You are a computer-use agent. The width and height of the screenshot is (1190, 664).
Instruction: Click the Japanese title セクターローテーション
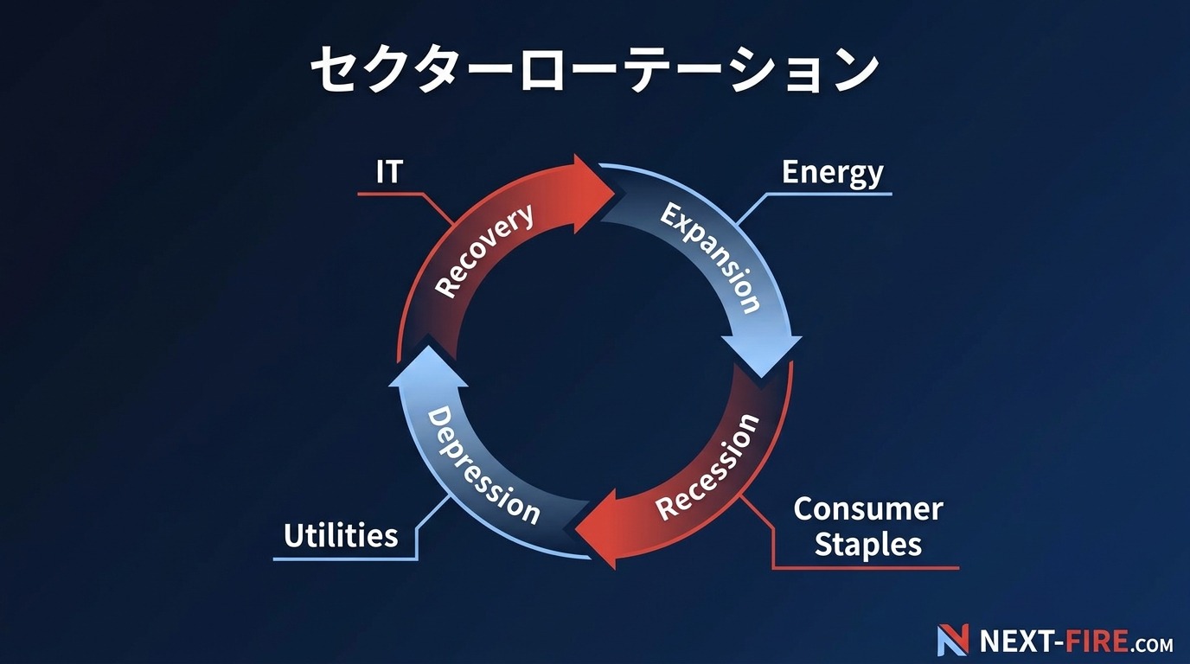[594, 69]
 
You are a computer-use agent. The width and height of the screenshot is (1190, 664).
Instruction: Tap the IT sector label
[389, 172]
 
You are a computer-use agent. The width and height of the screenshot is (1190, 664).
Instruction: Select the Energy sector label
[833, 173]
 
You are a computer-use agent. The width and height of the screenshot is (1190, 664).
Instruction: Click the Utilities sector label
[341, 535]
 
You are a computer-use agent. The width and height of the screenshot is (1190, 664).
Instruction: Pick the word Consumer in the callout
[868, 509]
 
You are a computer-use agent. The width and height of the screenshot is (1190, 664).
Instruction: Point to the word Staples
[868, 545]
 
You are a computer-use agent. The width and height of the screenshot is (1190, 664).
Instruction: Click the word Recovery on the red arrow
[484, 250]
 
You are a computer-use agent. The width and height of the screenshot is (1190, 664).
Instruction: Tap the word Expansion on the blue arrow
[710, 259]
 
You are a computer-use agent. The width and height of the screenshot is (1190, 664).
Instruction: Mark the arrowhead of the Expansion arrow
[762, 354]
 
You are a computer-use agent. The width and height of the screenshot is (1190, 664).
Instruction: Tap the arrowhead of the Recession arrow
[596, 530]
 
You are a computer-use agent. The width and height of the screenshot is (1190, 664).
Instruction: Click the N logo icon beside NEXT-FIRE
[952, 640]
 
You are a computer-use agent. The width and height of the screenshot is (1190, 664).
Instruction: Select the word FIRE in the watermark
[1097, 641]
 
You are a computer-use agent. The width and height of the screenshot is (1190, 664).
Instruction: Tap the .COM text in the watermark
[1151, 644]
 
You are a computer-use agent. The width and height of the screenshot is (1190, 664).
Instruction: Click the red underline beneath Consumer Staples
[866, 568]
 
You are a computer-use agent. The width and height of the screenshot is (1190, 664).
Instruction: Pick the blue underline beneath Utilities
[345, 559]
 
